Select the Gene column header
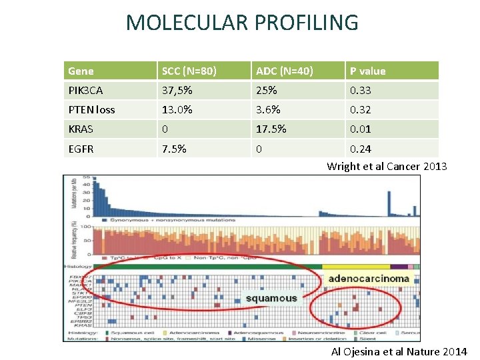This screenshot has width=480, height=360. coord(81,71)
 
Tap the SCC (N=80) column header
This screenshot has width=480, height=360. coord(189,71)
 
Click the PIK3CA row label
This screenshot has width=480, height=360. coord(85,90)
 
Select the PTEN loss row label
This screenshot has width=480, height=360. coord(91,109)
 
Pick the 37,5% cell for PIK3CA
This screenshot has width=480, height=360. coord(177,90)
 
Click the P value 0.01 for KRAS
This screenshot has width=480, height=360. coord(361,129)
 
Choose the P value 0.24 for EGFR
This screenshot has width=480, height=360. coord(361,148)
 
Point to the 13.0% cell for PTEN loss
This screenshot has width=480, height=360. coord(177,109)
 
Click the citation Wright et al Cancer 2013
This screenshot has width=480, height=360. coord(387,166)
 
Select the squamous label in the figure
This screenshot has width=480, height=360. coord(271,298)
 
